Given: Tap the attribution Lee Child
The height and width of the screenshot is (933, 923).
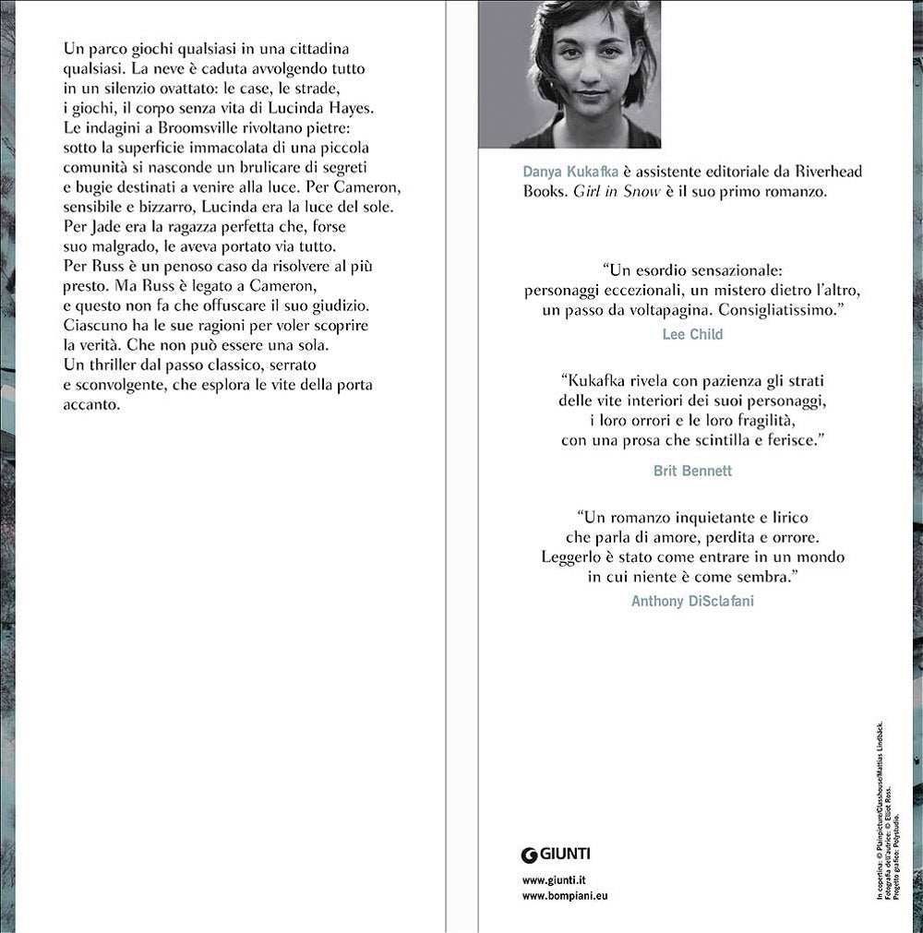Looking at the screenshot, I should tap(692, 335).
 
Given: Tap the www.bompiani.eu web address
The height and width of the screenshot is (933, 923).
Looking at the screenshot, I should tap(566, 896).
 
